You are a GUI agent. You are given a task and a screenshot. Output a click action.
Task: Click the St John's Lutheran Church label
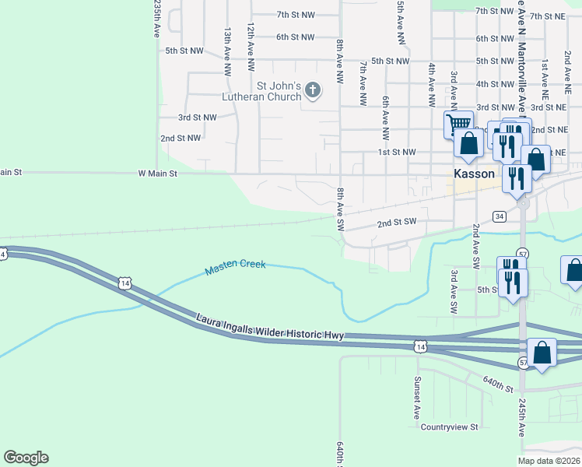pyautogui.click(x=279, y=91)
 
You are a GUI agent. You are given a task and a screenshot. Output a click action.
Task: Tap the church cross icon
pyautogui.click(x=313, y=90)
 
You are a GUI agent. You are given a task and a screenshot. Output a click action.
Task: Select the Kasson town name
pyautogui.click(x=475, y=174)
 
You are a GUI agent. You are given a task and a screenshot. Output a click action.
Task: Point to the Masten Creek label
pyautogui.click(x=235, y=268)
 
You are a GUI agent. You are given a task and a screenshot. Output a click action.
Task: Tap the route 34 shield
pyautogui.click(x=500, y=216)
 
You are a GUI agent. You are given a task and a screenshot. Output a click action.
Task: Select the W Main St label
pyautogui.click(x=158, y=174)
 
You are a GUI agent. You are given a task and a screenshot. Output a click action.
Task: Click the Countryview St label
pyautogui.click(x=450, y=427)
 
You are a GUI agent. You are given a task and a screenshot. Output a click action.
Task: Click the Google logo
pyautogui.click(x=26, y=458)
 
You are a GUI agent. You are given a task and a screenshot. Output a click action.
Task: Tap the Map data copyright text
pyautogui.click(x=549, y=461)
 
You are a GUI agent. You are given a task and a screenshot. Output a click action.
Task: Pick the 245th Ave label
pyautogui.click(x=521, y=420)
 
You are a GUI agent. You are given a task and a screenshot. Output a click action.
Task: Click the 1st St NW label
pyautogui.click(x=397, y=153)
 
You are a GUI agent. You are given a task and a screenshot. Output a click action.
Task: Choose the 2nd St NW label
pyautogui.click(x=181, y=138)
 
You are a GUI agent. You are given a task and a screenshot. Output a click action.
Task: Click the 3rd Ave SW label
pyautogui.click(x=453, y=292)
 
